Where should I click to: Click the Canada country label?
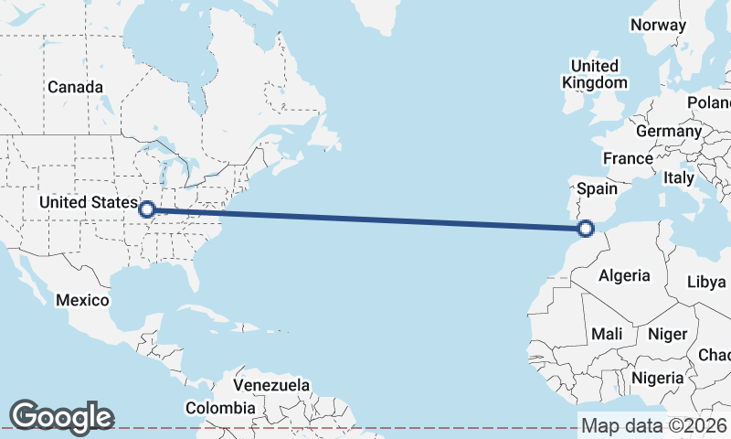pos(75,87)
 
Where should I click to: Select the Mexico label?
pos(82,300)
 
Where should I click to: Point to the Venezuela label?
pos(271,385)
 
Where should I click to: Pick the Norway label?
pos(658,25)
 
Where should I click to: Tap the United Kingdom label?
pos(595,74)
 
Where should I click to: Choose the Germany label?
pos(668,131)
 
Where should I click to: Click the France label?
pos(628,158)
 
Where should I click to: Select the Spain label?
pos(599,189)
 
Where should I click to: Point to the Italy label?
pos(679,177)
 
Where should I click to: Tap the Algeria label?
pos(624,275)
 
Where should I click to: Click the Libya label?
pos(706,282)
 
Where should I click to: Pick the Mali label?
pos(607,335)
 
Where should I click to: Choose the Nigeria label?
pos(658,377)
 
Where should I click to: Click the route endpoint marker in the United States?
pos(146,209)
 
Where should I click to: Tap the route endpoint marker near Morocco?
pos(587,228)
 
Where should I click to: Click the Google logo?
pos(61,417)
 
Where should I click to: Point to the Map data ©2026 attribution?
pos(653,425)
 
